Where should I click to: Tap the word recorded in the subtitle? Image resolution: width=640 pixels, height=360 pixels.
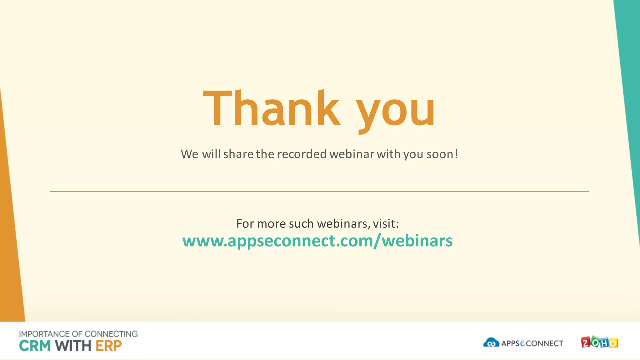[302, 154]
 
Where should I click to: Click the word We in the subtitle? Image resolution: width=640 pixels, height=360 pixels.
[189, 154]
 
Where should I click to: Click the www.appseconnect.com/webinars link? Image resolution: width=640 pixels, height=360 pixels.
[317, 241]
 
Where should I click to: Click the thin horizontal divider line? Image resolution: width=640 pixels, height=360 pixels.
[319, 192]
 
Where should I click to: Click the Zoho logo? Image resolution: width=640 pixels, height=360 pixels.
[599, 342]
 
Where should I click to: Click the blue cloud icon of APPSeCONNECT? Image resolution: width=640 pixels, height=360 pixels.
[491, 342]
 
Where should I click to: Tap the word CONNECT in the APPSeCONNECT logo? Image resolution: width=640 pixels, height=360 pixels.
[545, 343]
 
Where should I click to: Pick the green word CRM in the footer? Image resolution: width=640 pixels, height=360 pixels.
[35, 346]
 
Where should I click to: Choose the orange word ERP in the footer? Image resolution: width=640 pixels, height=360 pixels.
[108, 346]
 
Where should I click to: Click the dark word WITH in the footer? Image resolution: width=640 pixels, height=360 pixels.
[73, 346]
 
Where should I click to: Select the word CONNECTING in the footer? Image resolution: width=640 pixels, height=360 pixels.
[111, 334]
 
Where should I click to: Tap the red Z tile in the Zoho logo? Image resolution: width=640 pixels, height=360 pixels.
[585, 343]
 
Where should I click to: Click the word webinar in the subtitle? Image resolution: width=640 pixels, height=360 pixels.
[352, 154]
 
